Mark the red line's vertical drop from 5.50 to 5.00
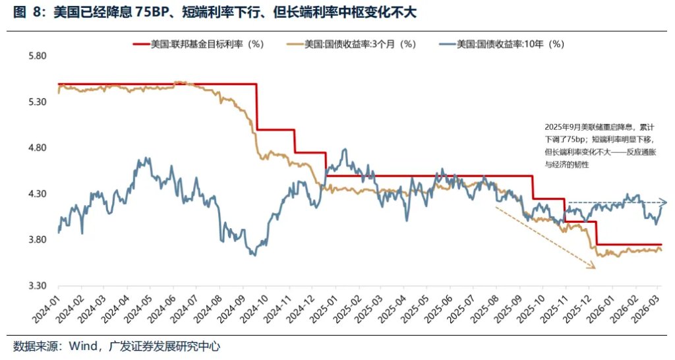coord(256,107)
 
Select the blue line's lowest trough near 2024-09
coord(253,255)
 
